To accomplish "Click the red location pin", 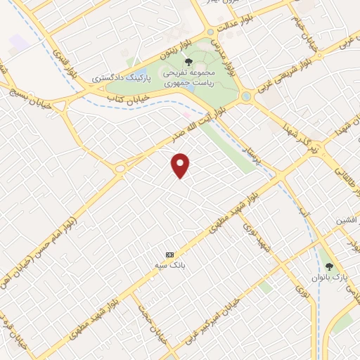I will (x=181, y=165).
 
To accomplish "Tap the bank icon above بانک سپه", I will (x=169, y=254).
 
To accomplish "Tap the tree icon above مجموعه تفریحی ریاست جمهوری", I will (x=188, y=61).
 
